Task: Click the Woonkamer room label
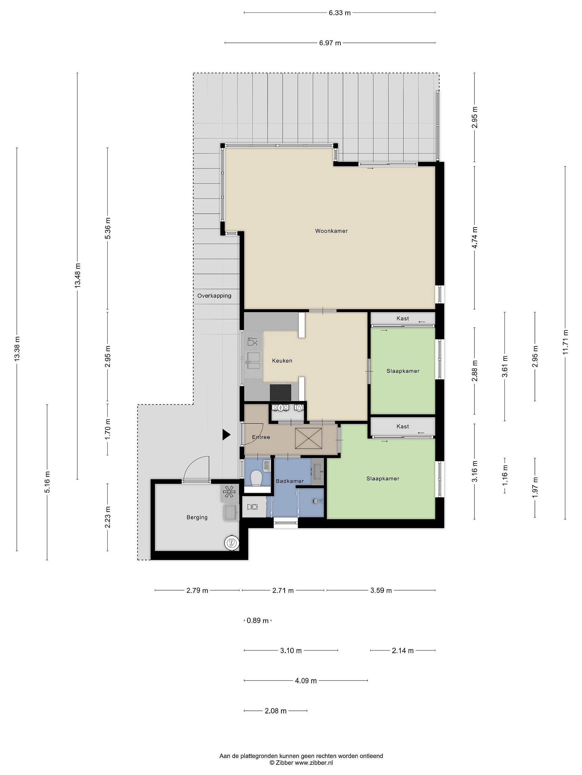click(x=331, y=231)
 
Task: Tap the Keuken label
click(x=282, y=361)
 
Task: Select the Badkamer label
click(x=290, y=481)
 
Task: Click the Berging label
click(x=197, y=517)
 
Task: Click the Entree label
click(x=261, y=437)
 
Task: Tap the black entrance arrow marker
click(x=226, y=435)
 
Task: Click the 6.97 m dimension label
click(x=330, y=43)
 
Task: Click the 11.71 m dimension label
click(x=565, y=342)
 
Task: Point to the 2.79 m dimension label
click(x=197, y=590)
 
